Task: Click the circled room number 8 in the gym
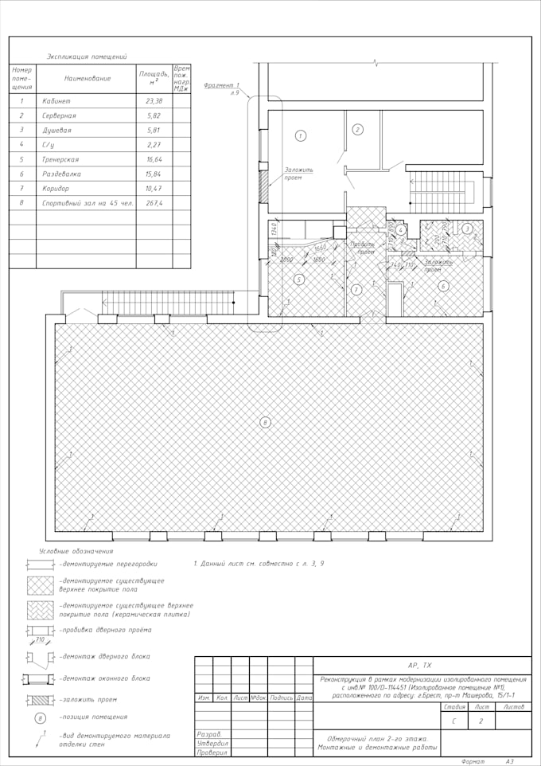coord(266,422)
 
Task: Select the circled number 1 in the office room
coord(301,136)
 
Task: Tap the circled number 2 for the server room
coord(358,130)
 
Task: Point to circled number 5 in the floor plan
coord(299,279)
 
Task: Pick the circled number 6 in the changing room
coord(443,285)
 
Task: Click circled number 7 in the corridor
coord(356,289)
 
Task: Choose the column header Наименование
coord(88,79)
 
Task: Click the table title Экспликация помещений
coord(88,57)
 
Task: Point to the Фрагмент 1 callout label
coord(222,85)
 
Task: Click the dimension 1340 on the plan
coord(273,230)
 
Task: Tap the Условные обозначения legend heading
coord(76,551)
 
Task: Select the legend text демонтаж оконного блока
coord(103,678)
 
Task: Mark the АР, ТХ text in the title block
coord(419,665)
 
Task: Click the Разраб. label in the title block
coord(209,733)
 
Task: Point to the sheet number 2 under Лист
coord(481,721)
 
